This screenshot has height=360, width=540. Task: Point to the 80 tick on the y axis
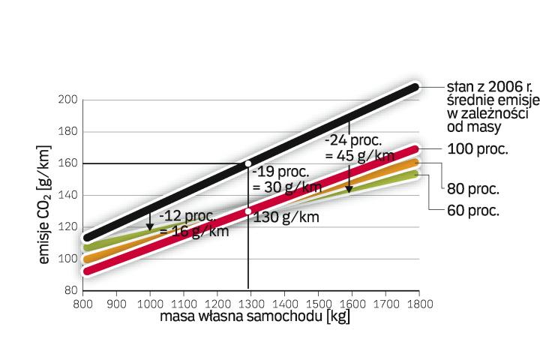point(70,290)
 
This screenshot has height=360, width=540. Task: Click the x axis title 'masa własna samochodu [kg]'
point(255,317)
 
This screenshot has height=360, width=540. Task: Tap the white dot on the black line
point(248,163)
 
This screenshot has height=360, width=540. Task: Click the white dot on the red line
point(248,211)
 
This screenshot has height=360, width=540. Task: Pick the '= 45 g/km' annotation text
point(359,155)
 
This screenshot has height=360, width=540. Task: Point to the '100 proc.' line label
point(477,148)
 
